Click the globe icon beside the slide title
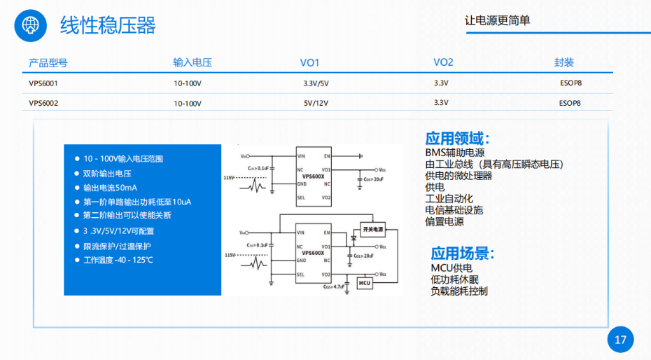(x=29, y=25)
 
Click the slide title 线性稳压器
(x=108, y=25)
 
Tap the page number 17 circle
(x=620, y=340)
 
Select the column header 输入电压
(x=192, y=62)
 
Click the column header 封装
(x=564, y=62)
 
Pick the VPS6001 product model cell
(x=43, y=83)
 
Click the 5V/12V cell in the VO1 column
(x=316, y=103)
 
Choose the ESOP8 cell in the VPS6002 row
(x=570, y=103)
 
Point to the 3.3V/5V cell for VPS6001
(x=316, y=83)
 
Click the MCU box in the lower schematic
(x=365, y=283)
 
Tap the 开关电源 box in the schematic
(x=372, y=229)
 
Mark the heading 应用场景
(x=463, y=253)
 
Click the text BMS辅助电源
(x=455, y=153)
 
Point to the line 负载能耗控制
(x=459, y=291)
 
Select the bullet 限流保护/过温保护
(x=117, y=246)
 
